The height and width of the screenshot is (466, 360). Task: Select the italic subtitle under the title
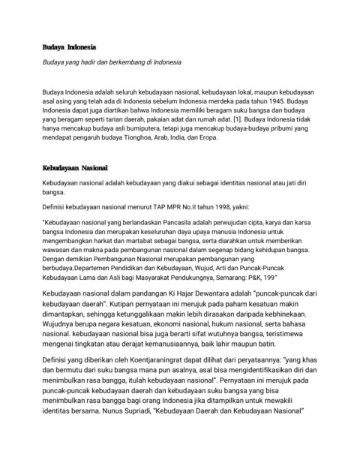tap(112, 62)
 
